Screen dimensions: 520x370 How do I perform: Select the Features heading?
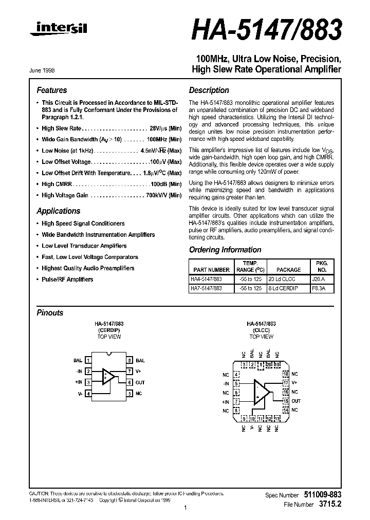click(52, 90)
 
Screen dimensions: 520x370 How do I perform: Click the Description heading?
click(209, 90)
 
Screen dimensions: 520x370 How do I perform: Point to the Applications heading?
click(59, 211)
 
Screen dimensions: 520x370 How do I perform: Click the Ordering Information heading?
click(225, 250)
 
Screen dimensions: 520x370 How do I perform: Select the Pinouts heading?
click(50, 312)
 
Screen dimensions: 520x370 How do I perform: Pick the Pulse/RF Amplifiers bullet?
click(67, 280)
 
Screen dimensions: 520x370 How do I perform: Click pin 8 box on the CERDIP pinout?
click(130, 361)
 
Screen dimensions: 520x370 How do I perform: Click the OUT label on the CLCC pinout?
click(296, 401)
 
